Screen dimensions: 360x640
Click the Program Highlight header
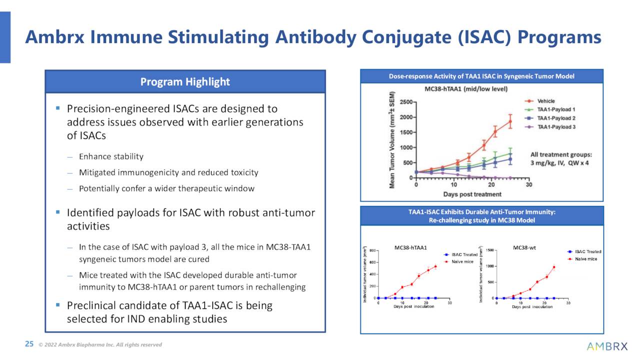[185, 81]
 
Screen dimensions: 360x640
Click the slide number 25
[29, 344]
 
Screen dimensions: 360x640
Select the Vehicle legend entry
[545, 101]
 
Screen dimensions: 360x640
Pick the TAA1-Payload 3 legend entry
[556, 127]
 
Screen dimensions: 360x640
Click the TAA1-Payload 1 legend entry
[556, 109]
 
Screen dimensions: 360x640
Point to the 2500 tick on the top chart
[405, 102]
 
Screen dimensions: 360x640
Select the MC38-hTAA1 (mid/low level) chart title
[466, 89]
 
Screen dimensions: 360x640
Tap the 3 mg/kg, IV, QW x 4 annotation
[559, 163]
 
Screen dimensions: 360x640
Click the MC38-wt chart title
[524, 247]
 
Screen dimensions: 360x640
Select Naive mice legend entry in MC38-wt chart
[585, 259]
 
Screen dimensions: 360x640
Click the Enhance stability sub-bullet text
[111, 156]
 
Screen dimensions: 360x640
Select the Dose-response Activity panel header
[481, 76]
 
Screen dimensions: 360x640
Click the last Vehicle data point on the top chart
[510, 121]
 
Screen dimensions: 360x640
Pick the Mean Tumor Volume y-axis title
[393, 140]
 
